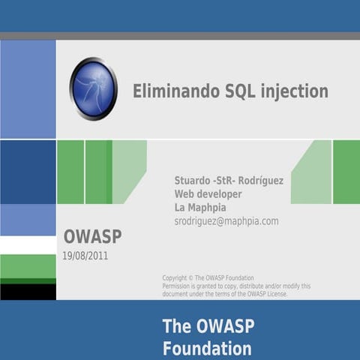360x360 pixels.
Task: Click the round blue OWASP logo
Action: pos(93,89)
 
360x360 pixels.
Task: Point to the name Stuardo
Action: pos(192,181)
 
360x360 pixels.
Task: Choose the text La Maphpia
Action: pos(200,208)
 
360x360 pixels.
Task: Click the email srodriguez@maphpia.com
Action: pos(226,221)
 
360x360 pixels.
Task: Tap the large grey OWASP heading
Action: pos(92,237)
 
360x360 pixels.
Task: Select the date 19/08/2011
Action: pos(85,256)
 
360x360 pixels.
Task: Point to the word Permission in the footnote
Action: pos(180,286)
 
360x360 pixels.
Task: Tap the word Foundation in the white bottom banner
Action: pos(207,349)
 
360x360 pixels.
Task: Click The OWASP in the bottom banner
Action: pos(207,326)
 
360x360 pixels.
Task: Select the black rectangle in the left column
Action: pos(28,292)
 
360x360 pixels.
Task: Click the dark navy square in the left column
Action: pos(28,172)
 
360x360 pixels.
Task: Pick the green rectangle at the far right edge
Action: pos(346,172)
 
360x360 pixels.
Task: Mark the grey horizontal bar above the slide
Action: pos(180,36)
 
